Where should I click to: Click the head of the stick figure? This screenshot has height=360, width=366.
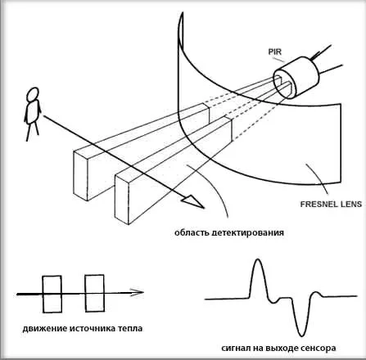pos(33,94)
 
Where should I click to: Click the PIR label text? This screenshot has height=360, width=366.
pos(274,52)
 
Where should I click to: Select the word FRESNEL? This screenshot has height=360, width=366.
pos(317,204)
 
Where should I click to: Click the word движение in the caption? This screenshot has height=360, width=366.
pos(45,328)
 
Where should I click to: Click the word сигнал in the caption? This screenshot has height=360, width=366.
pos(234,349)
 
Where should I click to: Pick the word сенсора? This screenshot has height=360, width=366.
pos(319,349)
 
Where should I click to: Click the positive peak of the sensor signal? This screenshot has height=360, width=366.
pos(257,259)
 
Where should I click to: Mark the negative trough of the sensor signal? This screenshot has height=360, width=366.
pos(301,335)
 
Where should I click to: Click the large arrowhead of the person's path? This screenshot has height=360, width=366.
pos(193,202)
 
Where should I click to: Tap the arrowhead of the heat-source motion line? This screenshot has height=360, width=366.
pos(137,292)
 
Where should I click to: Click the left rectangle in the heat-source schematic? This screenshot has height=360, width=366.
pos(52,294)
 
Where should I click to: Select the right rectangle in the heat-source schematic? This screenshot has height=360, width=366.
pos(94,293)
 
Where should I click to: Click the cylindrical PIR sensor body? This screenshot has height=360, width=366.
pos(296,78)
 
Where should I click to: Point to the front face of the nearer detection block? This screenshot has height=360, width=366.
pos(122,200)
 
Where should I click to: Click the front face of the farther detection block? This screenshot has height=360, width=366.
pos(80,176)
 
